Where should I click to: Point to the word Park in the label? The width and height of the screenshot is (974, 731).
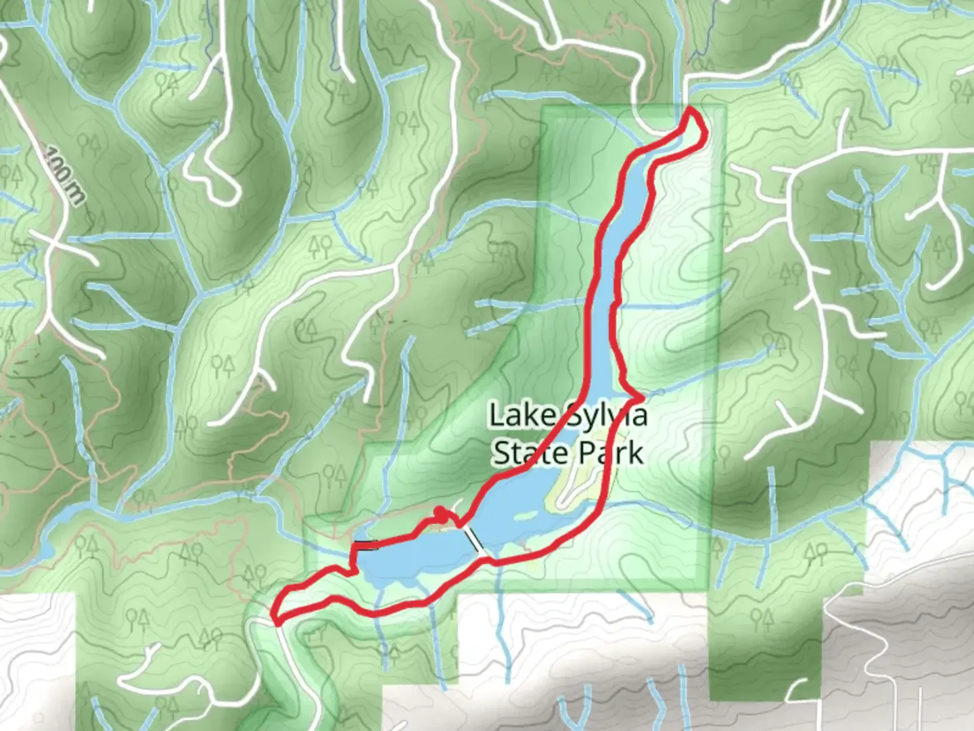(614, 453)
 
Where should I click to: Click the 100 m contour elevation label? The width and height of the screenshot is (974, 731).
(65, 174)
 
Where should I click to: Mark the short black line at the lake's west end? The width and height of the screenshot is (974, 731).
(366, 544)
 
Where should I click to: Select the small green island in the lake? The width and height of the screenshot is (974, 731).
(524, 518)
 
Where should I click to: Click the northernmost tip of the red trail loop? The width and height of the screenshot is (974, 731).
(691, 109)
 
